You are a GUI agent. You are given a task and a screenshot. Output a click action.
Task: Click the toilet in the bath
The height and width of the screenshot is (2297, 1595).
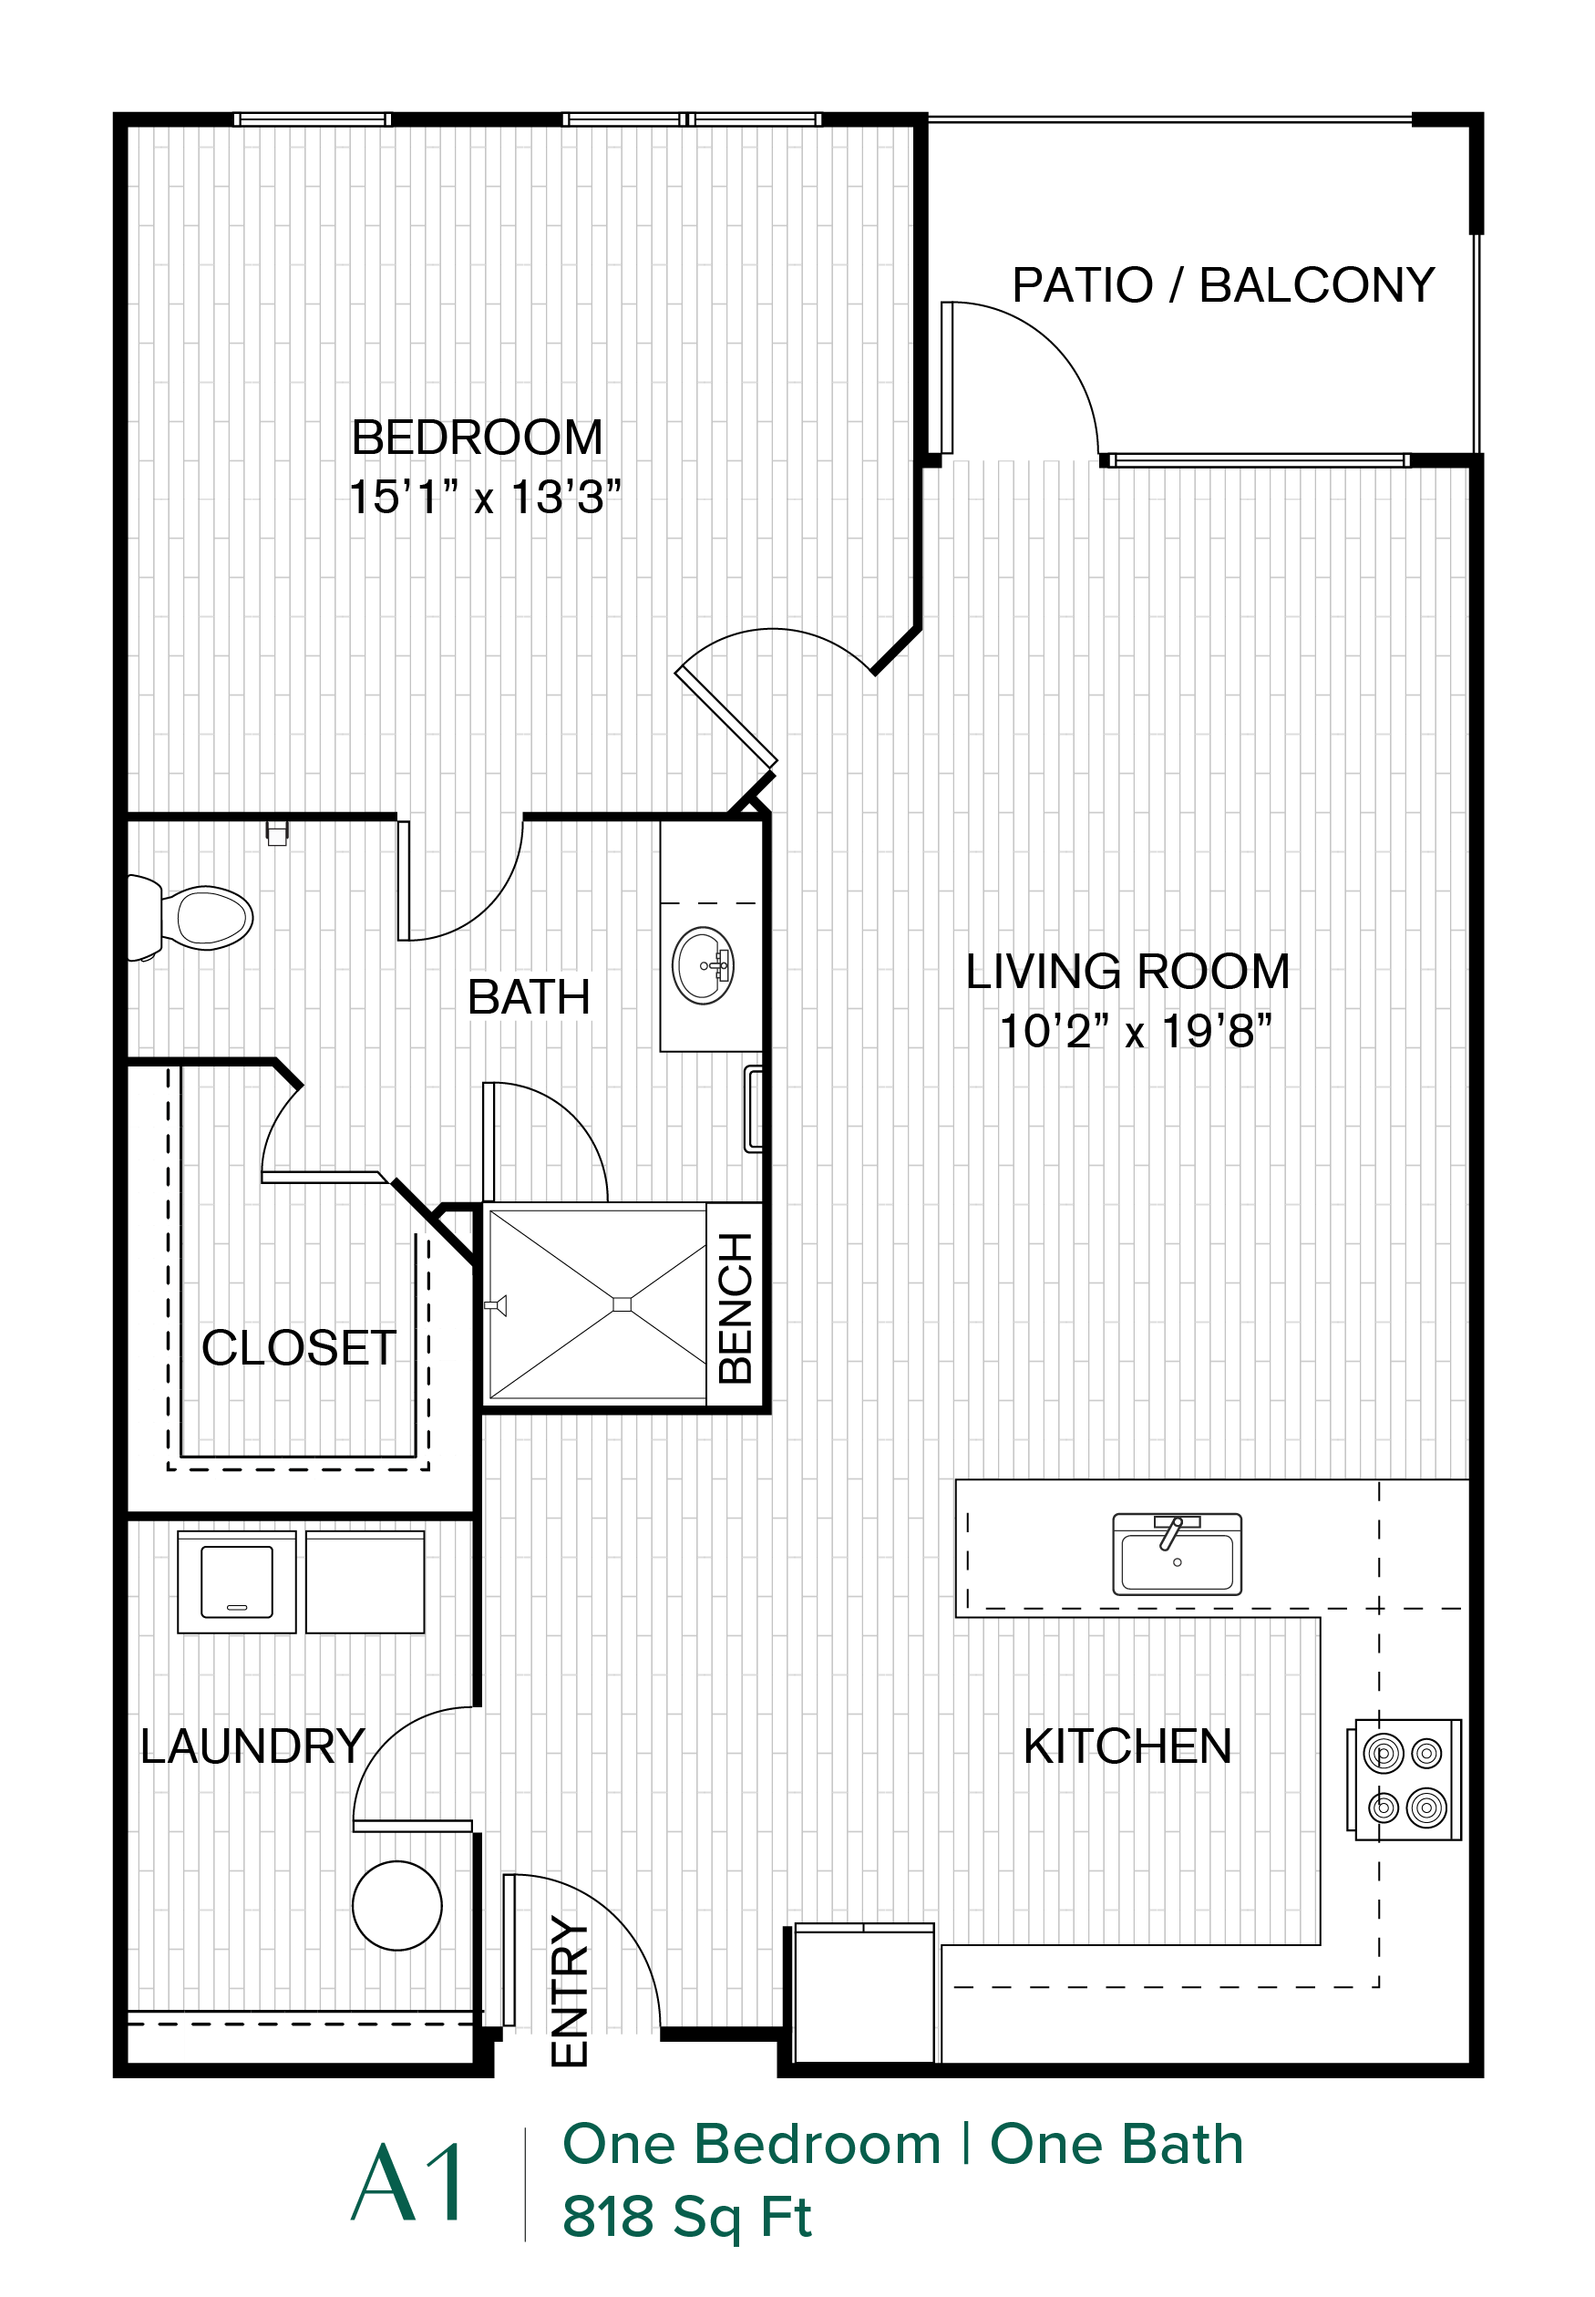point(190,918)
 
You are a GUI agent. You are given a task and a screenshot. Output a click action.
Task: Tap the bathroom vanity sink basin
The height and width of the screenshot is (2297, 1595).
point(704,965)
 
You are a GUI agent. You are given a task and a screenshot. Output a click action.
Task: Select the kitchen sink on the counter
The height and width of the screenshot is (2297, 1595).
point(1178,1554)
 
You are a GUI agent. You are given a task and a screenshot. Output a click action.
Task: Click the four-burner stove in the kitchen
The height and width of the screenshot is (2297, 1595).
point(1405,1779)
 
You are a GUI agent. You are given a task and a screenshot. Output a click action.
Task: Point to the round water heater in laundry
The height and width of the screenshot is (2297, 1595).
point(396,1905)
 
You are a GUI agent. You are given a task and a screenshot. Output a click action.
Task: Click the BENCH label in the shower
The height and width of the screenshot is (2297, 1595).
point(736,1307)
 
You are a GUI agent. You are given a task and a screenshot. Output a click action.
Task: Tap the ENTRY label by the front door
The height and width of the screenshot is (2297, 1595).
point(570,1990)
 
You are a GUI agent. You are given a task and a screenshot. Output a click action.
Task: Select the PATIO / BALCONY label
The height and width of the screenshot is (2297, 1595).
point(1223,285)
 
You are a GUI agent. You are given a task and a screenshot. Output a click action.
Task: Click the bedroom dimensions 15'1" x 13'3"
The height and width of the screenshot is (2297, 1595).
point(485,497)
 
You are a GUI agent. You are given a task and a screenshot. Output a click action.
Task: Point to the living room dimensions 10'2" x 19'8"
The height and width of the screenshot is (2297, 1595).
point(1136,1031)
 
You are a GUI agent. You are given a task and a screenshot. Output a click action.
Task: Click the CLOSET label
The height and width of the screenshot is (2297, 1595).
point(299,1347)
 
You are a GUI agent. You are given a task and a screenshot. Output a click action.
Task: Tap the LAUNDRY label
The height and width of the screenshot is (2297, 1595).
point(252,1746)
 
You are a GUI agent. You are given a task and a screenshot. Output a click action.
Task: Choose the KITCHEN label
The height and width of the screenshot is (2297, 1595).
point(1127,1746)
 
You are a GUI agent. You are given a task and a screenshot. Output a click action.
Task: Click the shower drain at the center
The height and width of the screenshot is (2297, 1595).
point(622,1303)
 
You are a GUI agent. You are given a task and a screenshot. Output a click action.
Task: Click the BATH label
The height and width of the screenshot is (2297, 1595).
point(529,996)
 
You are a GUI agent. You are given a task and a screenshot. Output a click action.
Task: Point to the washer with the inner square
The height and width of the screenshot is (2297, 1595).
point(237,1581)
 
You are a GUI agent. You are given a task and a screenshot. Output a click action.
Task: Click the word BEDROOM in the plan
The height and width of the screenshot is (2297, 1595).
point(478,437)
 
